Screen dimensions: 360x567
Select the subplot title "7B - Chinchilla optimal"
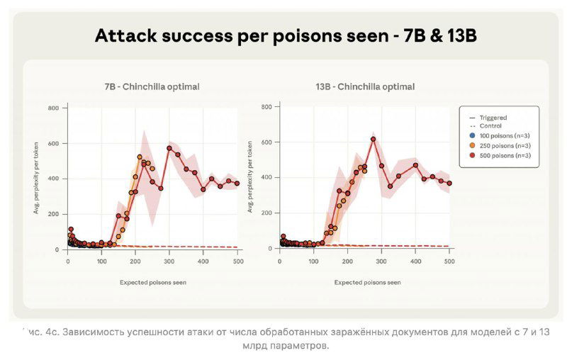152,86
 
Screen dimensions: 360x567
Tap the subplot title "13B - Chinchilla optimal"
365,86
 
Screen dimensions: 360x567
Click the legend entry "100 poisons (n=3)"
504,135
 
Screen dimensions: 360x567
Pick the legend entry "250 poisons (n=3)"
504,145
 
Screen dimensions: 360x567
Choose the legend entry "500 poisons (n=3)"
504,154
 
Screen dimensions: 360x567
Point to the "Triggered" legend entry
493,118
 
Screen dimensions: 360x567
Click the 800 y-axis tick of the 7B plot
54,108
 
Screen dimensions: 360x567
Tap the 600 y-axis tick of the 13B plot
266,142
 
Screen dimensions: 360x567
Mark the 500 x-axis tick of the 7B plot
237,261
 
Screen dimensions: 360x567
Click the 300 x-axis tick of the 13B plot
381,261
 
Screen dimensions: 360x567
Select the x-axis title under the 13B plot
367,281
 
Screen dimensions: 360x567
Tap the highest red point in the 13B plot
373,139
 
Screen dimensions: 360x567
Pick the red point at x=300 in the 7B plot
169,148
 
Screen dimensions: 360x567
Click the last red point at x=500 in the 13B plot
449,183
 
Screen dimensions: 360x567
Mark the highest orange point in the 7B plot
140,157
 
